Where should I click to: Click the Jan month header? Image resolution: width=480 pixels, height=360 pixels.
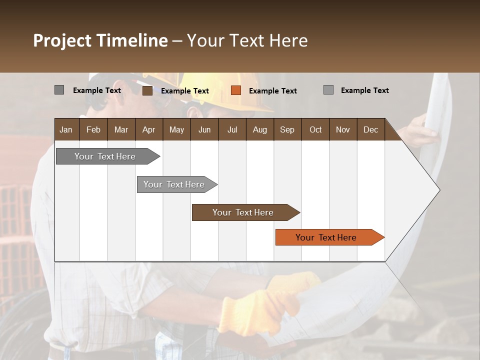(66, 129)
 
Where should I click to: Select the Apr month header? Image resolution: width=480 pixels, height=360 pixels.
(148, 129)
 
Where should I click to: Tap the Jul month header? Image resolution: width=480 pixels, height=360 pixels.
(232, 129)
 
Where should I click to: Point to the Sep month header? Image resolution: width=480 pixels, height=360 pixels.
(287, 129)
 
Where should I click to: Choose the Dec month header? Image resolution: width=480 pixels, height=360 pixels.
(370, 129)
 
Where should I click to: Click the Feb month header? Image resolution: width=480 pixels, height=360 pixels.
(93, 129)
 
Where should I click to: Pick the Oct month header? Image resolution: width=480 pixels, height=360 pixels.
(315, 129)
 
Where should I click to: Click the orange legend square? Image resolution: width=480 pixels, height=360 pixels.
(236, 90)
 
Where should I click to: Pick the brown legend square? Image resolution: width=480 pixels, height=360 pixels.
(147, 90)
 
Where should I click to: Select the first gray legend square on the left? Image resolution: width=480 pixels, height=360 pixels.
(59, 90)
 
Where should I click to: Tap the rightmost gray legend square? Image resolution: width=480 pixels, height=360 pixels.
(328, 90)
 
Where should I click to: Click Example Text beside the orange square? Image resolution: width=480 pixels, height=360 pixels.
(272, 91)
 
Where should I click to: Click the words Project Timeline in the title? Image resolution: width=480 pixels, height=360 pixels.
(100, 40)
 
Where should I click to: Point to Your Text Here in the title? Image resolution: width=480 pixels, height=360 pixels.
(247, 40)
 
